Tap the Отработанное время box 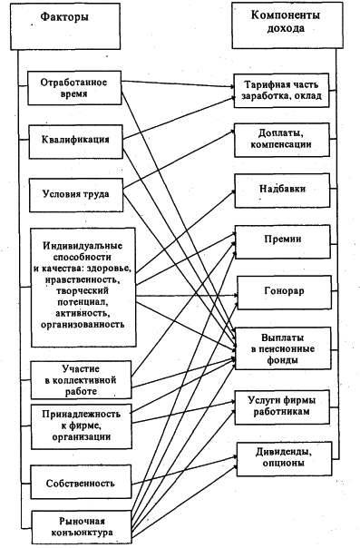pyautogui.click(x=74, y=88)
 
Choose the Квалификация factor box pyautogui.click(x=74, y=140)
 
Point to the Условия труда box pyautogui.click(x=74, y=194)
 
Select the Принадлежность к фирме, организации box pyautogui.click(x=75, y=426)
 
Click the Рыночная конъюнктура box pyautogui.click(x=75, y=526)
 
